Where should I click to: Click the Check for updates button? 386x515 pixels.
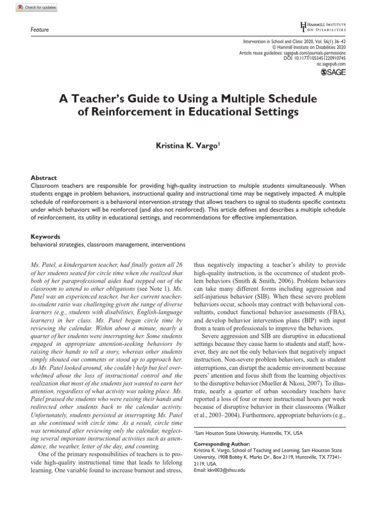(x=37, y=8)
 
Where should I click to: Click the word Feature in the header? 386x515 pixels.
(x=40, y=30)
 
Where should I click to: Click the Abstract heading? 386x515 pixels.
(x=44, y=178)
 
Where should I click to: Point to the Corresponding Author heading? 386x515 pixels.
(x=222, y=445)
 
